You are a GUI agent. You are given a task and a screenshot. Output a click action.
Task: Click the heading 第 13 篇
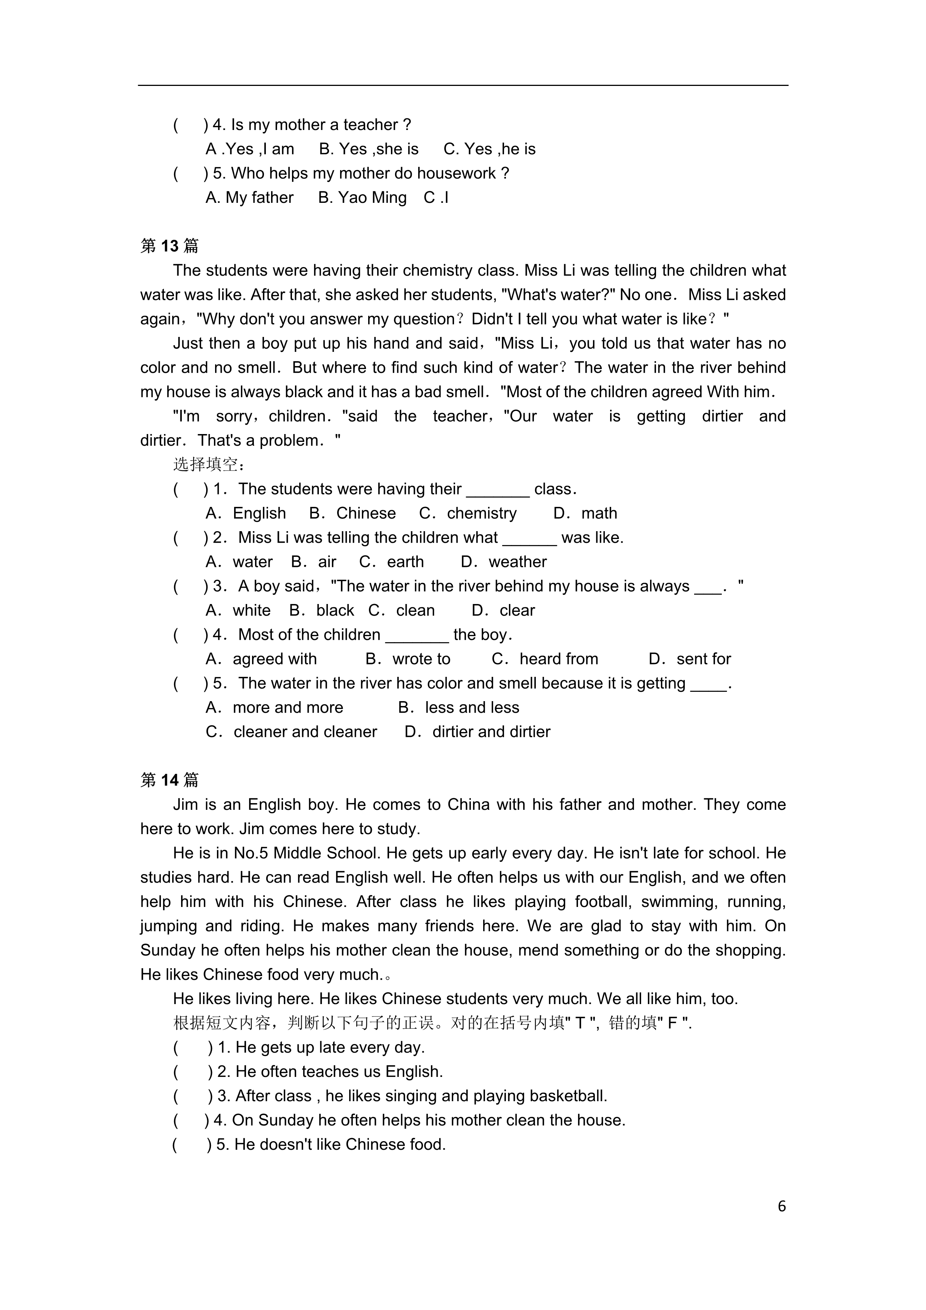point(170,246)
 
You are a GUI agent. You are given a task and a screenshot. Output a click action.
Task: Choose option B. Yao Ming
point(362,197)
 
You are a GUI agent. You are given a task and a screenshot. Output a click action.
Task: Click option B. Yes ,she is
point(369,149)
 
